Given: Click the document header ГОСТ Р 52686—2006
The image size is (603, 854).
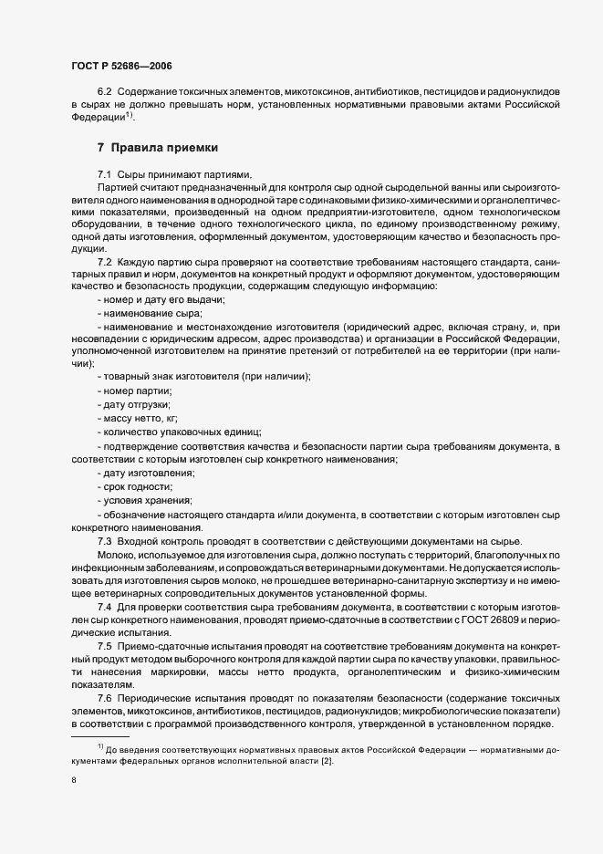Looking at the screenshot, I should (x=121, y=67).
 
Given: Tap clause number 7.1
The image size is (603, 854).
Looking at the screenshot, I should (x=105, y=173).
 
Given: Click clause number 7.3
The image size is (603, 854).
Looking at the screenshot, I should (x=105, y=541).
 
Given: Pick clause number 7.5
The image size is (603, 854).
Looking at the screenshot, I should (x=105, y=646).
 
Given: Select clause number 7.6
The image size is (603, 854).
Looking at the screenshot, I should (x=105, y=698).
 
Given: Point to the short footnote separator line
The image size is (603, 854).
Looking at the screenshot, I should (x=99, y=735).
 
